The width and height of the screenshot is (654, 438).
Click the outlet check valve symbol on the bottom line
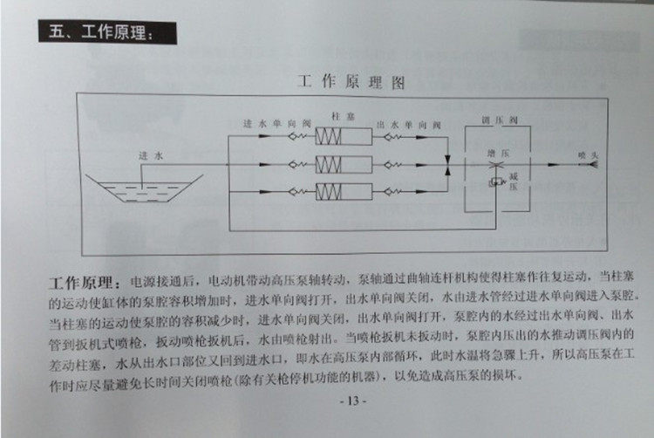393,190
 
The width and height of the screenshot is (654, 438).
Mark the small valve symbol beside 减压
494,181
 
